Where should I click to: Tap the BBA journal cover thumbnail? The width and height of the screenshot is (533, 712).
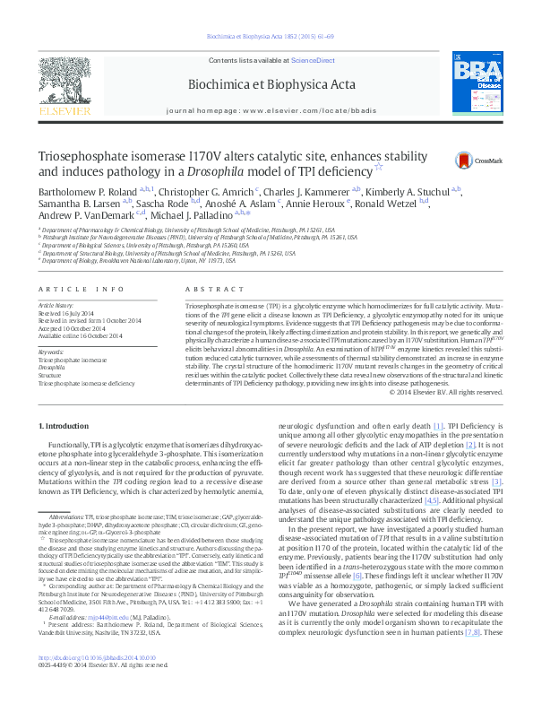[475, 85]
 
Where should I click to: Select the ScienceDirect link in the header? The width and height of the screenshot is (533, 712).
[313, 59]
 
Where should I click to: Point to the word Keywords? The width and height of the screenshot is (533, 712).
[50, 352]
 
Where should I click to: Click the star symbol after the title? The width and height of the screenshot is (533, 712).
[377, 166]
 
